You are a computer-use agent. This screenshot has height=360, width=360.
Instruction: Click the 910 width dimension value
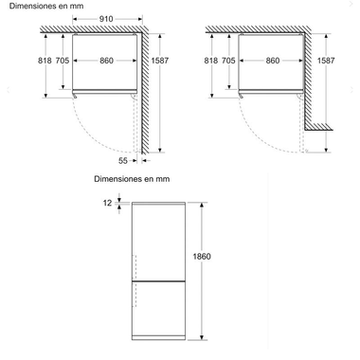tap(106, 19)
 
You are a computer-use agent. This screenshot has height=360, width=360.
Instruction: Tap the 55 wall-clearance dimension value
tap(123, 161)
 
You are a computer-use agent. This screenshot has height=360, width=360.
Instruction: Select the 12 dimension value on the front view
tap(107, 203)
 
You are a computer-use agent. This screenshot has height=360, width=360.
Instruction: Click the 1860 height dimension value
tap(202, 256)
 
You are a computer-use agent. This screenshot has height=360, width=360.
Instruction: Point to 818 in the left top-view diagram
tap(45, 61)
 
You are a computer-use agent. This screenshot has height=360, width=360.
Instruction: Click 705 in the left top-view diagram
tap(63, 61)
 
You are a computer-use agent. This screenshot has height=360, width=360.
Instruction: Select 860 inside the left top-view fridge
tap(106, 61)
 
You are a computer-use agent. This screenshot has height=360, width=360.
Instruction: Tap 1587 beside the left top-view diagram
tap(160, 61)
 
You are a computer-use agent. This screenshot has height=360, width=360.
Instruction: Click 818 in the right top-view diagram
tap(210, 61)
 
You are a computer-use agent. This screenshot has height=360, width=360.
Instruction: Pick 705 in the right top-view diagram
tap(228, 61)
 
